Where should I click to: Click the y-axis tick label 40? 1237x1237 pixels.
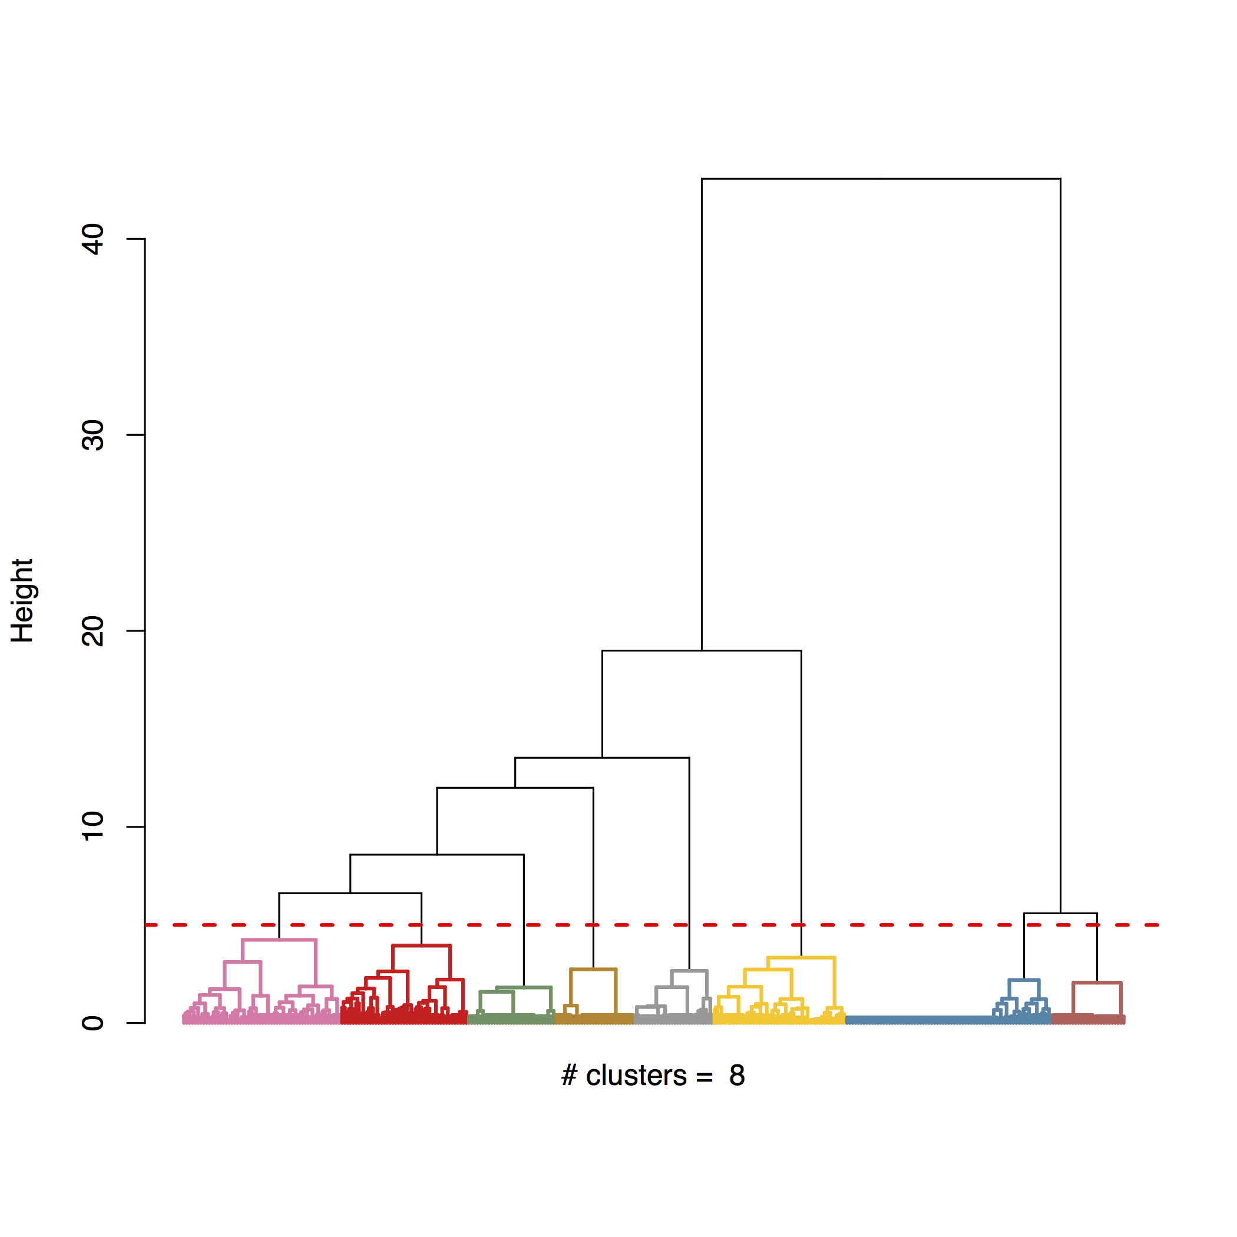pyautogui.click(x=94, y=239)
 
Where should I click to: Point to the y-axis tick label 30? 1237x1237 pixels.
pyautogui.click(x=94, y=435)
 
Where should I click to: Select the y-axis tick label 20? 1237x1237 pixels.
pyautogui.click(x=94, y=631)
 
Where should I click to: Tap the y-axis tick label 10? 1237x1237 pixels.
pyautogui.click(x=94, y=826)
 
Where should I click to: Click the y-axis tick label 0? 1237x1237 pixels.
pyautogui.click(x=94, y=1023)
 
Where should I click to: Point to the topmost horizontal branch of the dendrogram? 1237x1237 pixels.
pyautogui.click(x=881, y=179)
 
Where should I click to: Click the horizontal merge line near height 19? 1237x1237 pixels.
pyautogui.click(x=701, y=651)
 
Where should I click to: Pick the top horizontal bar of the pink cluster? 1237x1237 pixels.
pyautogui.click(x=279, y=940)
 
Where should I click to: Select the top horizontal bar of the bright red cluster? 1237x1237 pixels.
pyautogui.click(x=421, y=945)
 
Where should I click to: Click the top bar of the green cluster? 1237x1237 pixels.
pyautogui.click(x=524, y=988)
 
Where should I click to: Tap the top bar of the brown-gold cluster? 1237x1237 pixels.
pyautogui.click(x=593, y=970)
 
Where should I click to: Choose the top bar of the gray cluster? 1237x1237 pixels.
pyautogui.click(x=689, y=971)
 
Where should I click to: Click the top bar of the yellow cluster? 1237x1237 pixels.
pyautogui.click(x=801, y=958)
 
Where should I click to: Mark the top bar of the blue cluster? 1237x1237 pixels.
pyautogui.click(x=1024, y=980)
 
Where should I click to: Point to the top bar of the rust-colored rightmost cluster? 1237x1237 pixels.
pyautogui.click(x=1097, y=983)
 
